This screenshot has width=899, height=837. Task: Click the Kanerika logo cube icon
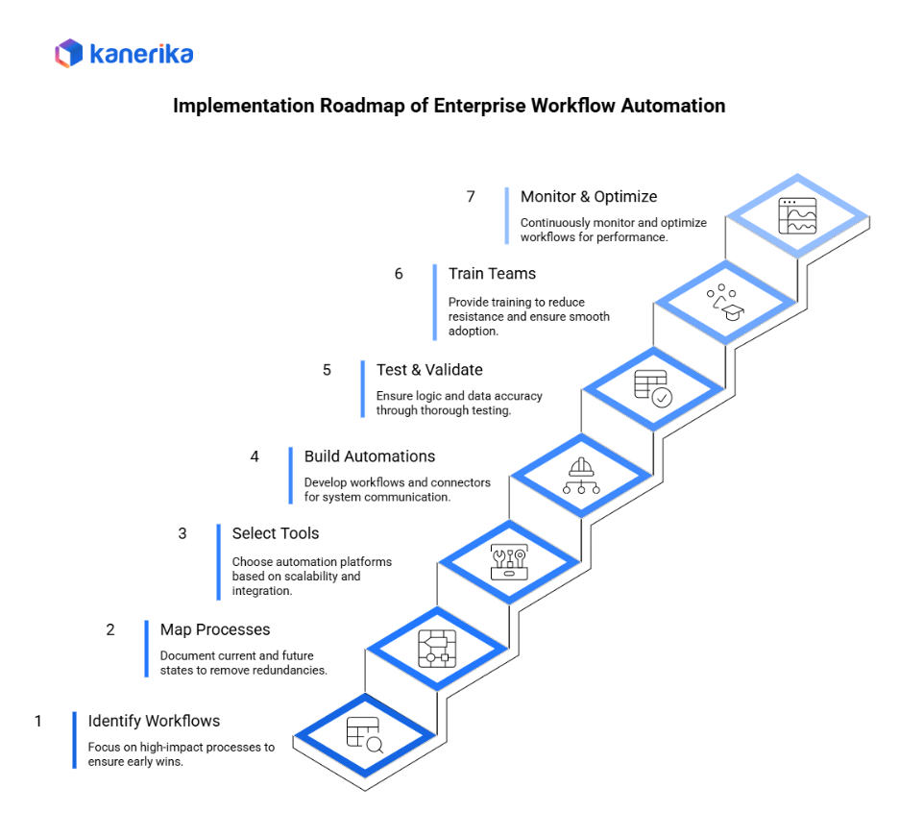69,53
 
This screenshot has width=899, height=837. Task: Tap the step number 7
471,196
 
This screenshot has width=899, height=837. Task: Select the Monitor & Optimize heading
589,196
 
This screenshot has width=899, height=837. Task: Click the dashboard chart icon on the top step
797,216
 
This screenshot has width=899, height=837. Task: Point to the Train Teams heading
492,274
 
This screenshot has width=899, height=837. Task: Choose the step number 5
327,370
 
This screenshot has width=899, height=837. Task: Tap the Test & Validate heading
429,370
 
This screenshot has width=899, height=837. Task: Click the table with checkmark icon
653,388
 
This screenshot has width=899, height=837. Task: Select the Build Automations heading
370,456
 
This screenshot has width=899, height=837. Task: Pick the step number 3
182,533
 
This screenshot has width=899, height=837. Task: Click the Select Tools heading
276,533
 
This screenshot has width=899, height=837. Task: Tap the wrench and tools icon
509,561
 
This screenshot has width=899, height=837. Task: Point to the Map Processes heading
215,629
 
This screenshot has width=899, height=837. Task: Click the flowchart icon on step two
437,648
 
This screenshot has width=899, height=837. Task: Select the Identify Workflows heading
154,721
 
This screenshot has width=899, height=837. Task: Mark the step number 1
38,721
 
